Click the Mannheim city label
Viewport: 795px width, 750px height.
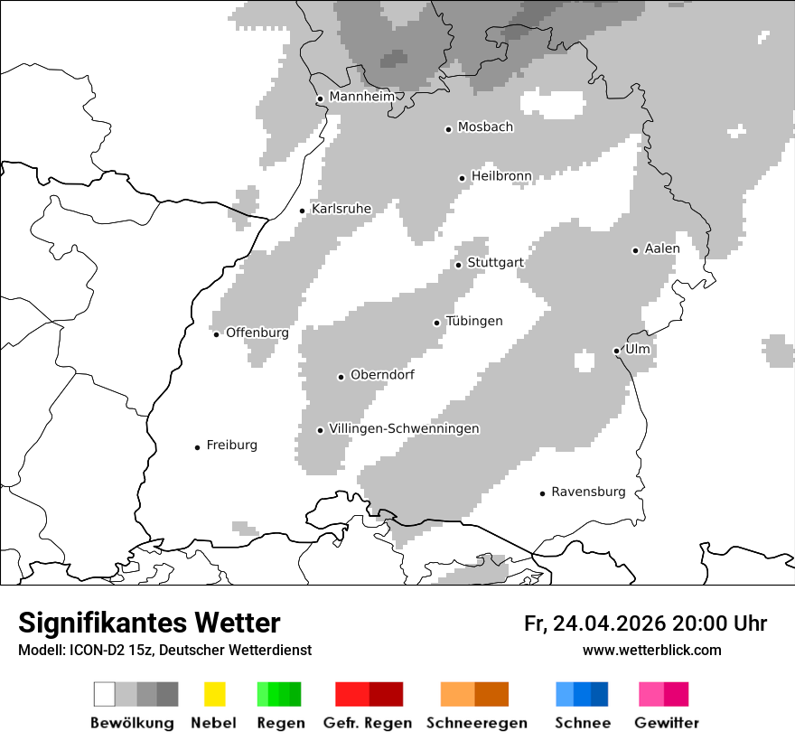(361, 97)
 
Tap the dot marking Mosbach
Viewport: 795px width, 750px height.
(448, 129)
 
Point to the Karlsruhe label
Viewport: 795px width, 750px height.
(341, 209)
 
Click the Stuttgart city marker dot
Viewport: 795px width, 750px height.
(458, 265)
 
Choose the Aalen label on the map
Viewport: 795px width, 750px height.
(662, 248)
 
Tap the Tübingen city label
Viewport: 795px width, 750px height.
(474, 322)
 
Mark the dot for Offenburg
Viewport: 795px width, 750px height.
(216, 334)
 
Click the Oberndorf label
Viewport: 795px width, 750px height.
(382, 375)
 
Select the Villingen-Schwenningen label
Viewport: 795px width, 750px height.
(404, 428)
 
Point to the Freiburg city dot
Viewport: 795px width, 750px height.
(197, 447)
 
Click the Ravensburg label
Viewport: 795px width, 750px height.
(588, 492)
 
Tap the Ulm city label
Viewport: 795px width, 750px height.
(638, 349)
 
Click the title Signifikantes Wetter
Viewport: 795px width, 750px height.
(149, 623)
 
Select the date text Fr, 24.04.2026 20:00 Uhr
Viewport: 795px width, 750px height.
(645, 623)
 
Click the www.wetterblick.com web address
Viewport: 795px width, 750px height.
(651, 651)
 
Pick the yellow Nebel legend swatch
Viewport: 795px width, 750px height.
(214, 694)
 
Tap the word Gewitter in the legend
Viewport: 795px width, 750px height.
(667, 723)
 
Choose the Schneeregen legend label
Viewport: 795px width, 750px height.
(476, 723)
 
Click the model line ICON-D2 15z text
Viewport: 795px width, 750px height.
(164, 651)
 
